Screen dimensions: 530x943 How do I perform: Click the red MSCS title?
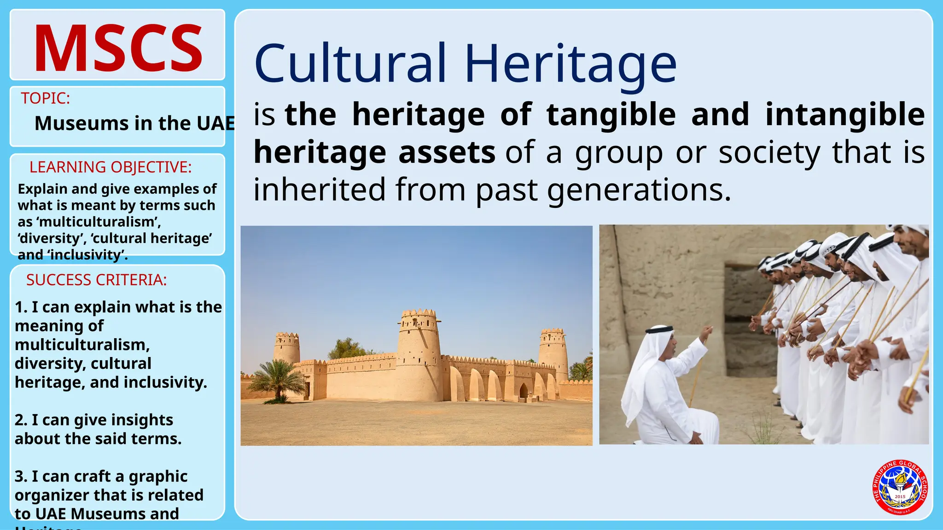[118, 48]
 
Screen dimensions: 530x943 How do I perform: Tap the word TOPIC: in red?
[45, 98]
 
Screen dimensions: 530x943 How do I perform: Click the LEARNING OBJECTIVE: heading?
[111, 167]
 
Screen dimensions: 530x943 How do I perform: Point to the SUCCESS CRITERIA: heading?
[96, 280]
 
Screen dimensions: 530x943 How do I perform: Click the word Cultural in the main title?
[350, 63]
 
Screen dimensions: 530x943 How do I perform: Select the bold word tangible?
[611, 115]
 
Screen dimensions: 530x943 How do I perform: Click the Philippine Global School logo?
[900, 487]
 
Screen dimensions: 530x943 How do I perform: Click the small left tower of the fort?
[286, 347]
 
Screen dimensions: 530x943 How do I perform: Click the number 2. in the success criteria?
[21, 420]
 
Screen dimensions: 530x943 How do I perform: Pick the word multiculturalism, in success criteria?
[82, 345]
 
